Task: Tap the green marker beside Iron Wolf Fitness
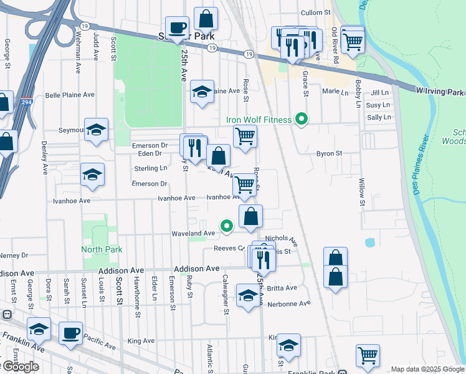pyautogui.click(x=302, y=118)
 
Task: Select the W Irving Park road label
pyautogui.click(x=440, y=92)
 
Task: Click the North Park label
pyautogui.click(x=102, y=249)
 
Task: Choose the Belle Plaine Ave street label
pyautogui.click(x=70, y=95)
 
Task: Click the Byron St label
pyautogui.click(x=330, y=153)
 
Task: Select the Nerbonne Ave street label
pyautogui.click(x=288, y=304)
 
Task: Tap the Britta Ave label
pyautogui.click(x=282, y=288)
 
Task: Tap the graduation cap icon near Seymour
pyautogui.click(x=96, y=129)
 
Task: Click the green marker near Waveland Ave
pyautogui.click(x=227, y=226)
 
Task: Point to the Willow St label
pyautogui.click(x=361, y=193)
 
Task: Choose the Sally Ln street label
pyautogui.click(x=379, y=117)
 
